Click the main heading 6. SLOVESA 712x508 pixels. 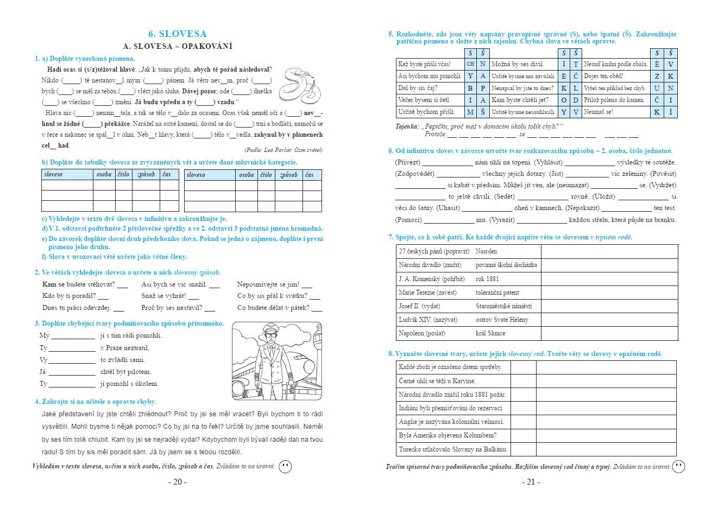(177, 34)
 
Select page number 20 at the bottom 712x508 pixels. (177, 482)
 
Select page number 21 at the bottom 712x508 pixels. (531, 482)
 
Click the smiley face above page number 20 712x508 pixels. (285, 467)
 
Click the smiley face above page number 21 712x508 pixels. (678, 466)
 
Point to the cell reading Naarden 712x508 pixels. (486, 251)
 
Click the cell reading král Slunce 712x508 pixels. (490, 333)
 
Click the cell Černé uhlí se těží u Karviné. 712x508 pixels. (437, 381)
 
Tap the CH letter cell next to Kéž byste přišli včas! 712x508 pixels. (470, 64)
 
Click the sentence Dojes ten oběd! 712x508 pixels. (603, 76)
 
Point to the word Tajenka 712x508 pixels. (407, 126)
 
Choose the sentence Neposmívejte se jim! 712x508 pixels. (268, 284)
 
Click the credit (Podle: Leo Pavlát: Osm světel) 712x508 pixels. (283, 150)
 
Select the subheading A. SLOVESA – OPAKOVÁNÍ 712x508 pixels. (178, 46)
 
